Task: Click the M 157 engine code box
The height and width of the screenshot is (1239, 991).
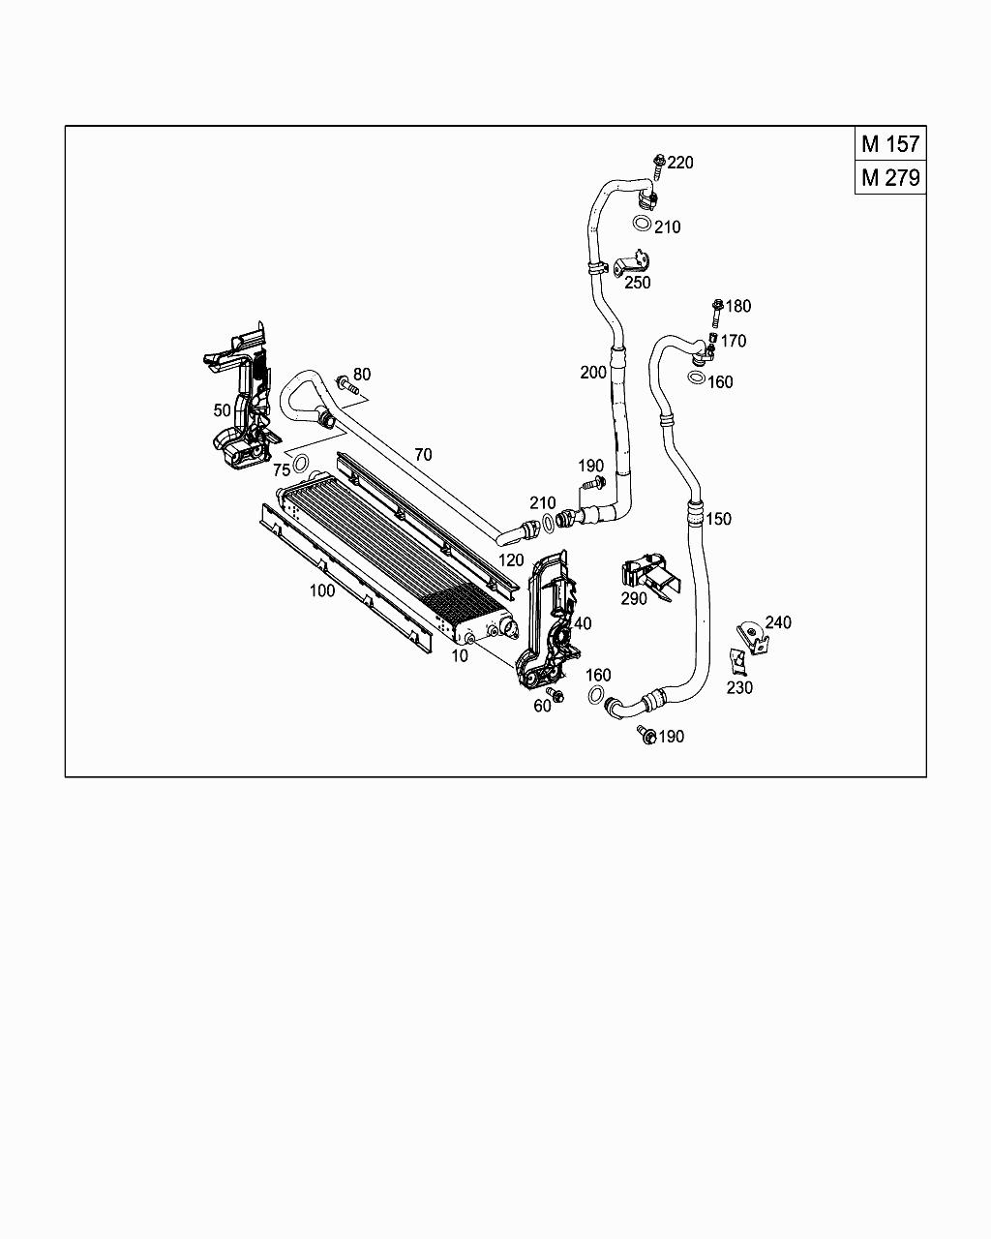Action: tap(890, 144)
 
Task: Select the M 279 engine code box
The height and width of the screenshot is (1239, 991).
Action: tap(890, 178)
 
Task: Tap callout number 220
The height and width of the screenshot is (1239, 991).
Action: tap(680, 163)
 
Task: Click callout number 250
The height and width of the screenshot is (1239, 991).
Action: tap(638, 283)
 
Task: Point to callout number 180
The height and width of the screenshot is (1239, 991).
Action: tap(738, 306)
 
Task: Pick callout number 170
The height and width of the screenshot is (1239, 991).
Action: tap(734, 341)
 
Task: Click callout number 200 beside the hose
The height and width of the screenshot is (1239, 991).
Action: tap(593, 373)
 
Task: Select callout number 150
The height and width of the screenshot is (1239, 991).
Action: tap(718, 519)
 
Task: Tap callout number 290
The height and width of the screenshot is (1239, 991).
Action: tap(634, 599)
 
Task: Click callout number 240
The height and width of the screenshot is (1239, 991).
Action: tap(778, 622)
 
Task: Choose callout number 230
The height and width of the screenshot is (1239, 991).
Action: tap(739, 687)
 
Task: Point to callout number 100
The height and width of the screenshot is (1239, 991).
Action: tap(322, 590)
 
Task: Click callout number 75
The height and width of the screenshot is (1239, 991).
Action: tap(282, 470)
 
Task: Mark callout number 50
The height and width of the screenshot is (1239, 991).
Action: tap(223, 410)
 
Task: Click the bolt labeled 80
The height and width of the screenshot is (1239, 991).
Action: tap(345, 384)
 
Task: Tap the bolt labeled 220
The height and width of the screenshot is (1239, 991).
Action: tap(659, 166)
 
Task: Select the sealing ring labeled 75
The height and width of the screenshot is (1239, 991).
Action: tap(301, 462)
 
